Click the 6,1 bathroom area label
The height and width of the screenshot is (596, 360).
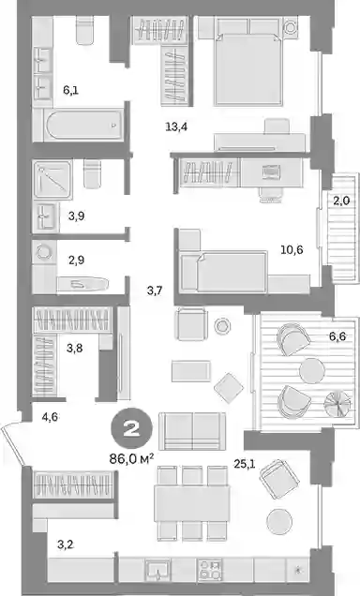coord(71,90)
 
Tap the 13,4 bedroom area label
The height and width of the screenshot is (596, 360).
coord(176,127)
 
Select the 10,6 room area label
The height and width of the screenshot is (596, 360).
coord(292,249)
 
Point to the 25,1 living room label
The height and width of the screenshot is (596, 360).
coord(245,464)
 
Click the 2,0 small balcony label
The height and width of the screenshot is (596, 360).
coord(341,201)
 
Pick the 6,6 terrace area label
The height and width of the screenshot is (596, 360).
coord(337,336)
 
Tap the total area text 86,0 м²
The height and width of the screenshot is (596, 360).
coord(131,459)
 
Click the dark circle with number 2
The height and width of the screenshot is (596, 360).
coord(131,429)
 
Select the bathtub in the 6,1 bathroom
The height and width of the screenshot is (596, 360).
coord(84,125)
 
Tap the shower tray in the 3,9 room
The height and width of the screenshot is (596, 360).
coord(52,179)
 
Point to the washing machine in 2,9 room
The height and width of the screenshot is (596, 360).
coord(44,252)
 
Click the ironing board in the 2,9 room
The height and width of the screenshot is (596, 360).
coord(82,284)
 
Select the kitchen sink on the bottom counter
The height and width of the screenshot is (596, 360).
coord(157,570)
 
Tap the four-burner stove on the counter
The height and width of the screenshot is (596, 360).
coord(209,570)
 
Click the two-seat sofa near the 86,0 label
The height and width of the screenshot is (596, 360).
coord(192,431)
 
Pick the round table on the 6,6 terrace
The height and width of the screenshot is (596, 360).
coord(312,370)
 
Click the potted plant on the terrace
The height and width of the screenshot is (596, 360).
coord(337,403)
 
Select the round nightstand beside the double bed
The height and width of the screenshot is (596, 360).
coord(292,28)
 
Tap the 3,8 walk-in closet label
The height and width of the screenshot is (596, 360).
coord(74,348)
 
